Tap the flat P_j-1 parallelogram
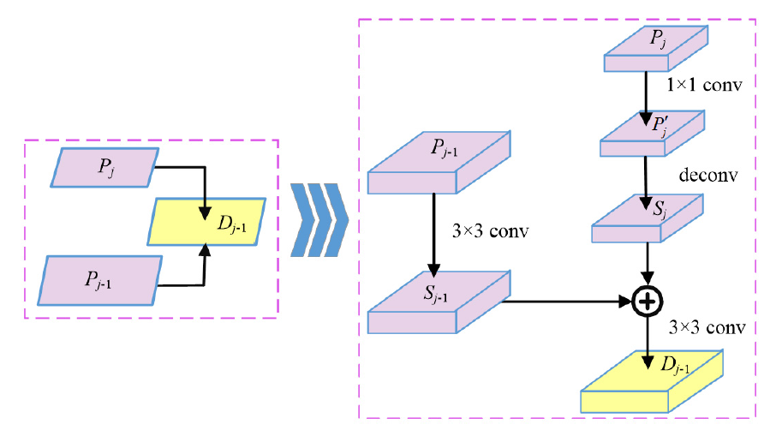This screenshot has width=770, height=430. pyautogui.click(x=102, y=279)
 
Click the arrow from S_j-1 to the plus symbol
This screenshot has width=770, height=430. pyautogui.click(x=565, y=301)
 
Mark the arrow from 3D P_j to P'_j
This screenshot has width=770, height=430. pyautogui.click(x=645, y=94)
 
